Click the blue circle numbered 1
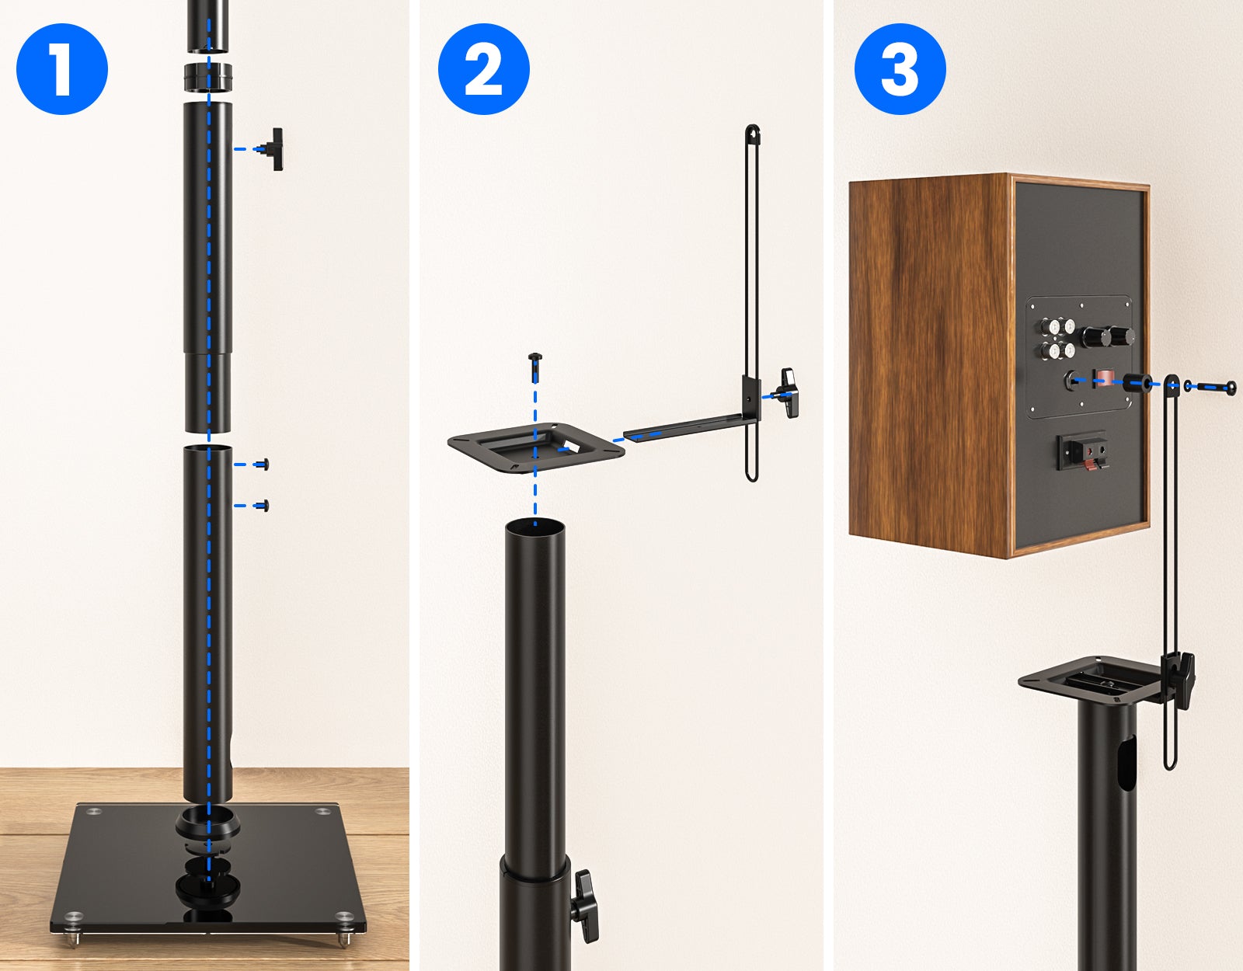[62, 69]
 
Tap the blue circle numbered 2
[484, 69]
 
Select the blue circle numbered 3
[900, 69]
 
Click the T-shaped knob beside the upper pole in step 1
[273, 149]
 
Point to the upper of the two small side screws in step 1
[263, 465]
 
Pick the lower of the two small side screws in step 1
[263, 506]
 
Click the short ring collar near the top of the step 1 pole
[208, 77]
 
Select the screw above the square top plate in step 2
[535, 367]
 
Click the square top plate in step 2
[536, 447]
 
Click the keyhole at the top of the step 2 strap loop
[754, 135]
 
